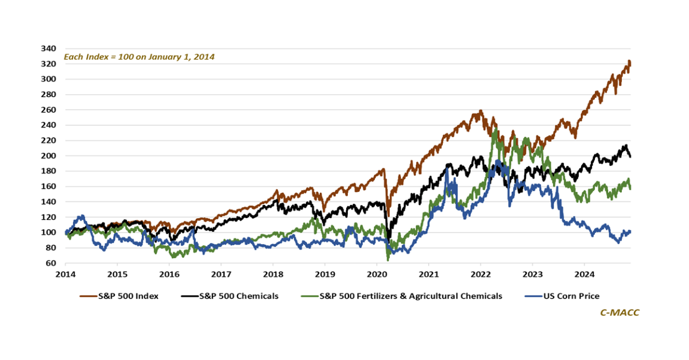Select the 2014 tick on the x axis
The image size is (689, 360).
tap(65, 274)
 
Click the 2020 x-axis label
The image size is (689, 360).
tap(377, 274)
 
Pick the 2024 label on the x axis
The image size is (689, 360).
tap(584, 274)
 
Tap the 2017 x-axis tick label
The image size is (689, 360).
tap(221, 274)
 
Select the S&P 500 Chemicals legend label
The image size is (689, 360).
tap(238, 296)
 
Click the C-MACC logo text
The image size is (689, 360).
tap(620, 312)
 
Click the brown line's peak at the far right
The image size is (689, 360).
tap(629, 61)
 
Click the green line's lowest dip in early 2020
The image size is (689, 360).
tap(388, 260)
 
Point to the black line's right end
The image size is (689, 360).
tap(630, 156)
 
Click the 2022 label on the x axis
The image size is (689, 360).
tap(480, 274)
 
